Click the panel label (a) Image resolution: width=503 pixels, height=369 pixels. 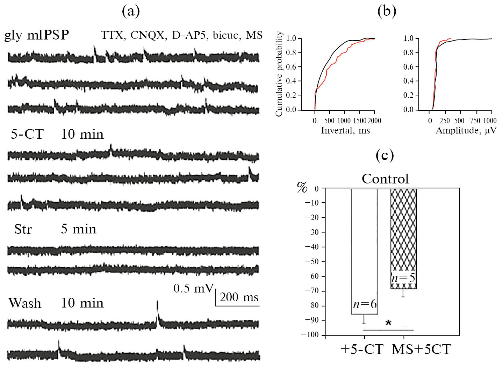(x=131, y=12)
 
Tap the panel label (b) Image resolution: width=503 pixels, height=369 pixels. (x=387, y=12)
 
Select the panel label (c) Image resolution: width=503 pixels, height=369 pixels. (x=385, y=155)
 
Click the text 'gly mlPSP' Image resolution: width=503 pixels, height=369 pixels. (x=37, y=35)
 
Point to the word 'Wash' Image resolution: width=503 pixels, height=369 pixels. (x=25, y=303)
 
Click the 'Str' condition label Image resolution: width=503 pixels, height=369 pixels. (x=23, y=229)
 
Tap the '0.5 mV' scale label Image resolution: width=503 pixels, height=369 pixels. (x=193, y=288)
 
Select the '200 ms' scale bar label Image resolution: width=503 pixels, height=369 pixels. (x=239, y=297)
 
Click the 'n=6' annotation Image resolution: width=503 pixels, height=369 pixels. (x=365, y=304)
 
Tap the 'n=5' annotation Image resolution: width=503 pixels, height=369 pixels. (x=403, y=278)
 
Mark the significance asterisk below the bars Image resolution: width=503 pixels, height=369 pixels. (x=388, y=323)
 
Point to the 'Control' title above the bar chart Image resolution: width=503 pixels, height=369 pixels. (x=385, y=179)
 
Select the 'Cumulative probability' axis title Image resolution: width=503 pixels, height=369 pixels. (x=279, y=74)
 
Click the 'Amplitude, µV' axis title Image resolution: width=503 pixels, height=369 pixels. (x=466, y=131)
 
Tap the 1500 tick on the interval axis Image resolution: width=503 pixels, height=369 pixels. (x=359, y=121)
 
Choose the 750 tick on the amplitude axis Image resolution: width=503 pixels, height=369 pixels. (x=475, y=121)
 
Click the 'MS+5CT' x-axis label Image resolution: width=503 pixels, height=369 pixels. (x=421, y=349)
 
